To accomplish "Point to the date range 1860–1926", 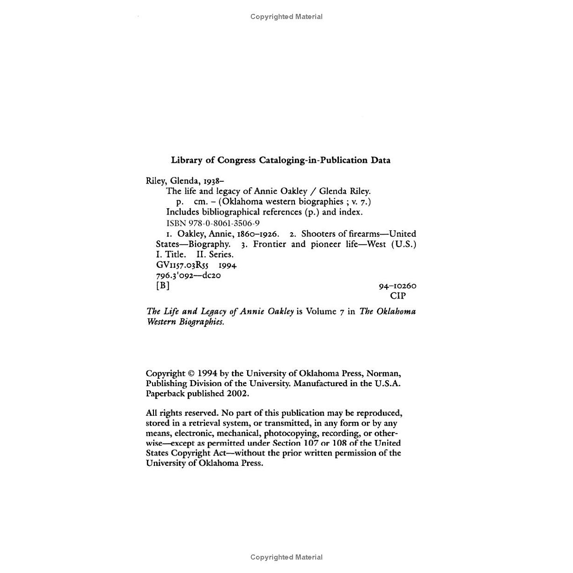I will (258, 234).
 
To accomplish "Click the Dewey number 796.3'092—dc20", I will (188, 275).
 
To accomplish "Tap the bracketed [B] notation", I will (163, 286).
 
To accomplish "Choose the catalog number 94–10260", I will (398, 286).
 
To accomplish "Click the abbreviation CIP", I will (398, 296).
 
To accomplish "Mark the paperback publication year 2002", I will (237, 393).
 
